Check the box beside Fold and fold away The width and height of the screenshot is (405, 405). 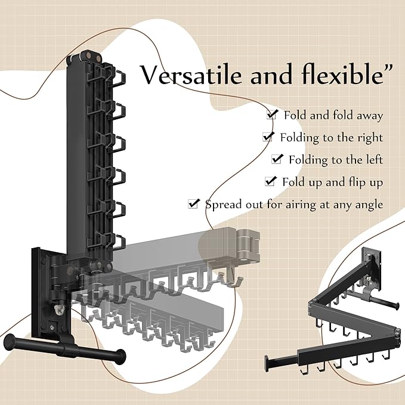point(272,115)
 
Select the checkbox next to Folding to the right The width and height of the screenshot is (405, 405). point(268,137)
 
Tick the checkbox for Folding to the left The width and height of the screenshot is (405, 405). point(277,159)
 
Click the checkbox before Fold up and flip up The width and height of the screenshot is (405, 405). point(271,181)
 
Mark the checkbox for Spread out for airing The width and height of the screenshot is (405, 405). point(193,203)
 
